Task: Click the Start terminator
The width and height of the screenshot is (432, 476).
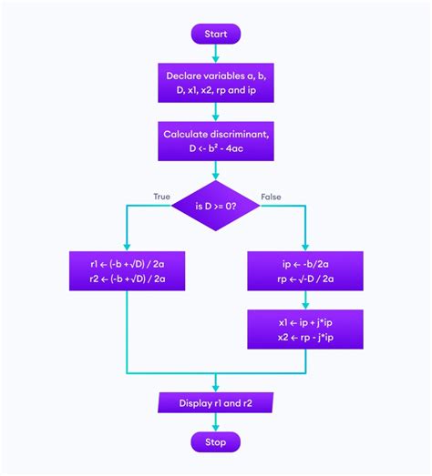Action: (215, 34)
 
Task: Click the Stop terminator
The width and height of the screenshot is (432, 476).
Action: (215, 441)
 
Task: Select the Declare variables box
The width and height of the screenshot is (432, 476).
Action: (215, 83)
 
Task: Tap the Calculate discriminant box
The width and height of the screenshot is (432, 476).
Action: (215, 141)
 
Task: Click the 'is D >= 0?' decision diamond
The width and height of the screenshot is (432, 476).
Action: (215, 206)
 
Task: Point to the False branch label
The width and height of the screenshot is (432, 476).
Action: (271, 197)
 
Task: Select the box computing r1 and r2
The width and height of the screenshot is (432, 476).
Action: (127, 272)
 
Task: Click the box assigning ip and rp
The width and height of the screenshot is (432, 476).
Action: (305, 272)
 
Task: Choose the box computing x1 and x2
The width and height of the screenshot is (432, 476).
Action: (305, 330)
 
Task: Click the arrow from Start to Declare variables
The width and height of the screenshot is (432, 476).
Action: (215, 54)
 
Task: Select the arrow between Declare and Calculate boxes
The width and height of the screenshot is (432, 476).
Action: (215, 112)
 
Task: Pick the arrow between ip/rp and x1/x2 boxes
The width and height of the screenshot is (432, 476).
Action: (305, 301)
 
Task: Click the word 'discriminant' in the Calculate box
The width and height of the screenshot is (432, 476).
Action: (241, 134)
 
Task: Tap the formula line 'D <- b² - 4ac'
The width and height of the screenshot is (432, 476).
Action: (215, 148)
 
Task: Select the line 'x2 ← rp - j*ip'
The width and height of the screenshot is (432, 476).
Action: (305, 338)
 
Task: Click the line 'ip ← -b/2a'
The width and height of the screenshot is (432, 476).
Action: (305, 265)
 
